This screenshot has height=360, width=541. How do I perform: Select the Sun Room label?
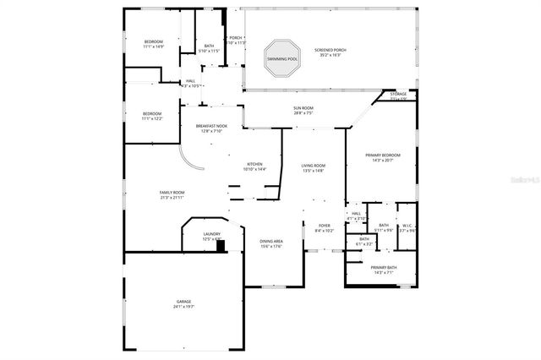coord(303,108)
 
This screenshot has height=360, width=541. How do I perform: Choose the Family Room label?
coord(172,193)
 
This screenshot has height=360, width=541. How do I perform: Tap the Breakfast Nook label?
coord(211,126)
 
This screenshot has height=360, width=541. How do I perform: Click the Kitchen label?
coord(254,164)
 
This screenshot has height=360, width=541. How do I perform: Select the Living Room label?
coord(314,166)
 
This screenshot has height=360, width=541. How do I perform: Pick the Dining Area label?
coord(270,242)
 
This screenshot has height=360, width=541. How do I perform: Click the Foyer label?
coord(324,226)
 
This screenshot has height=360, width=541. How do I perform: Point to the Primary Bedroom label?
coord(383,155)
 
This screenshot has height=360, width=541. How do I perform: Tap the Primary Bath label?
coord(384,268)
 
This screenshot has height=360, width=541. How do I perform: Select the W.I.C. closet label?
coord(407,225)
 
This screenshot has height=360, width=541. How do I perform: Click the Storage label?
coord(398,94)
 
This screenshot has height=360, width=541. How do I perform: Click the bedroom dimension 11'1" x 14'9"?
coord(153,47)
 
